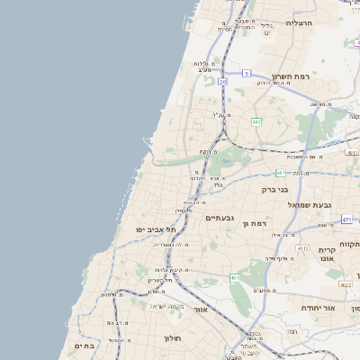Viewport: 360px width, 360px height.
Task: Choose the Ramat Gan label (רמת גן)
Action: [256, 222]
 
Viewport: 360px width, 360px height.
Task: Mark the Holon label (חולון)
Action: [173, 338]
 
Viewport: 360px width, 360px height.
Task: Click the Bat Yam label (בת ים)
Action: [84, 346]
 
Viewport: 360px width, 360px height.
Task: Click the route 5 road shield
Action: [246, 72]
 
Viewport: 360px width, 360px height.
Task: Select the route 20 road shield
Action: [222, 82]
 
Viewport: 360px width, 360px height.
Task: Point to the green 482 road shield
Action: [256, 121]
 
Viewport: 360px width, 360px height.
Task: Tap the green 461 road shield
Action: [234, 278]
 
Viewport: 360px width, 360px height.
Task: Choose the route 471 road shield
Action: [347, 219]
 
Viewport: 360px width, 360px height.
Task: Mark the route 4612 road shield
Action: [302, 247]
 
